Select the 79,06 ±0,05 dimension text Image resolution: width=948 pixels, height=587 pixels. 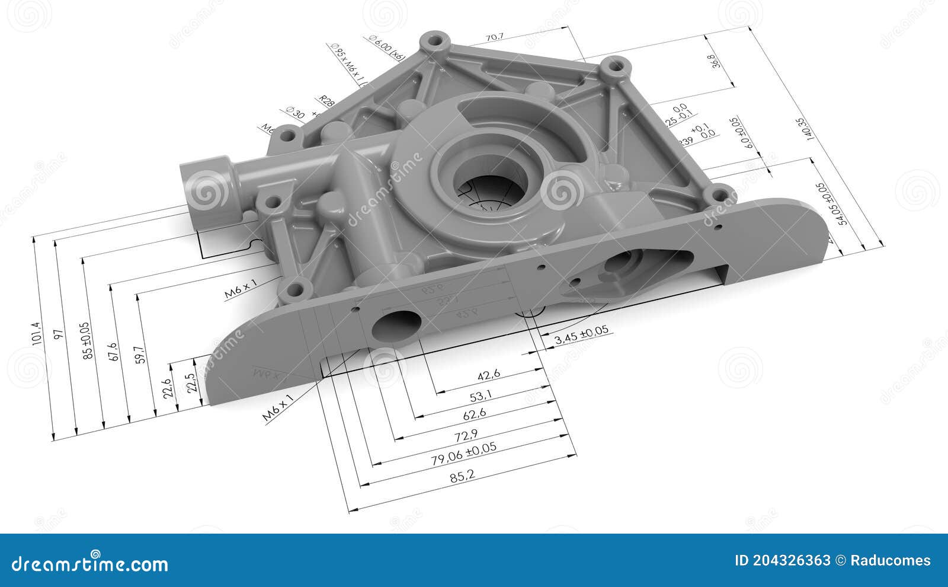pos(464,455)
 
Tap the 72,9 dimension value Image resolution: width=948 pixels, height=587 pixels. pos(466,436)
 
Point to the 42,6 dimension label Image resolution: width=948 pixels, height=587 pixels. pos(489,374)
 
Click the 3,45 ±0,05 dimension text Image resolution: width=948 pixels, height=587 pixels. pos(581,336)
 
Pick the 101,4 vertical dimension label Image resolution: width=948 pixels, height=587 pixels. pos(37,333)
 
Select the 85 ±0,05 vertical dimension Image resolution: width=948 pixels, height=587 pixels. pos(87,341)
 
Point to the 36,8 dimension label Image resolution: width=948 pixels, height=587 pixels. pos(713,62)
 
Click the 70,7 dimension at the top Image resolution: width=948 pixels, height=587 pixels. pos(494,37)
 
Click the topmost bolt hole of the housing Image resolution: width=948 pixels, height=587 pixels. pos(436,43)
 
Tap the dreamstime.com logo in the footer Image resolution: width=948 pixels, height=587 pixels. pos(90,563)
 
